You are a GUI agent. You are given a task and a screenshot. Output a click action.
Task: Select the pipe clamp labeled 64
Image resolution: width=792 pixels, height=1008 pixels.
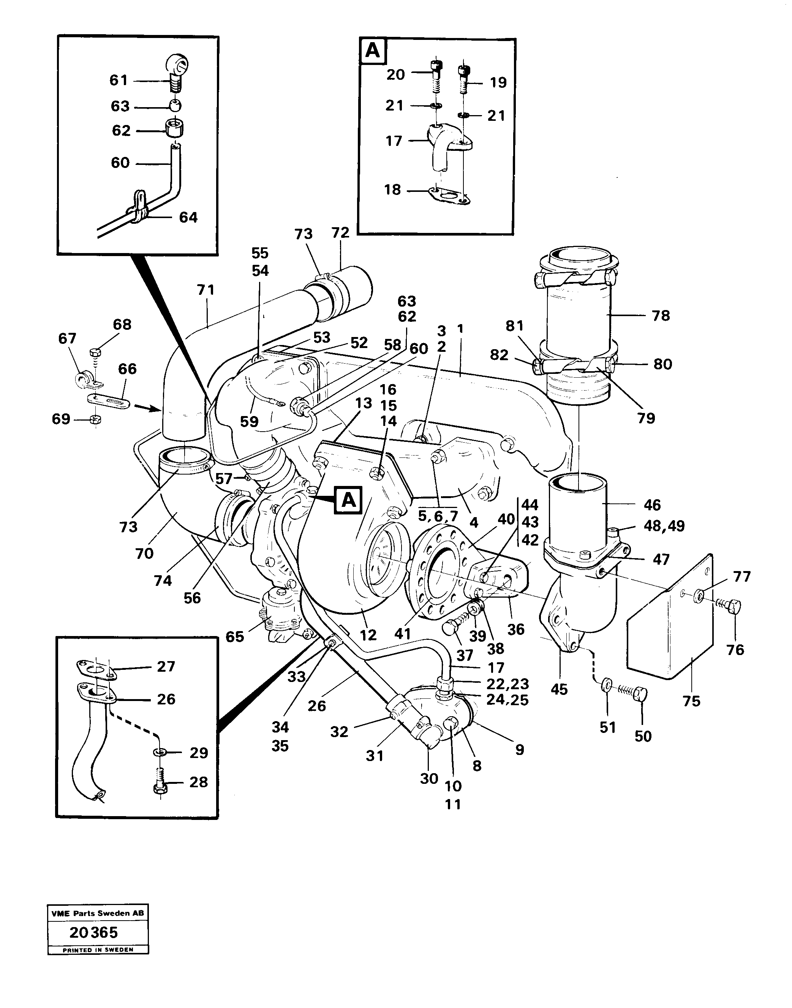click(x=139, y=205)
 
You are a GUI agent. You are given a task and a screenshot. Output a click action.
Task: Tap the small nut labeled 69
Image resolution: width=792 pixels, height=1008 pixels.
click(x=95, y=420)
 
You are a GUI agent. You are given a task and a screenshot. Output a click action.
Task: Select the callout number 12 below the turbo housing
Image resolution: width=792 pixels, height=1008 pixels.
click(x=368, y=635)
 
